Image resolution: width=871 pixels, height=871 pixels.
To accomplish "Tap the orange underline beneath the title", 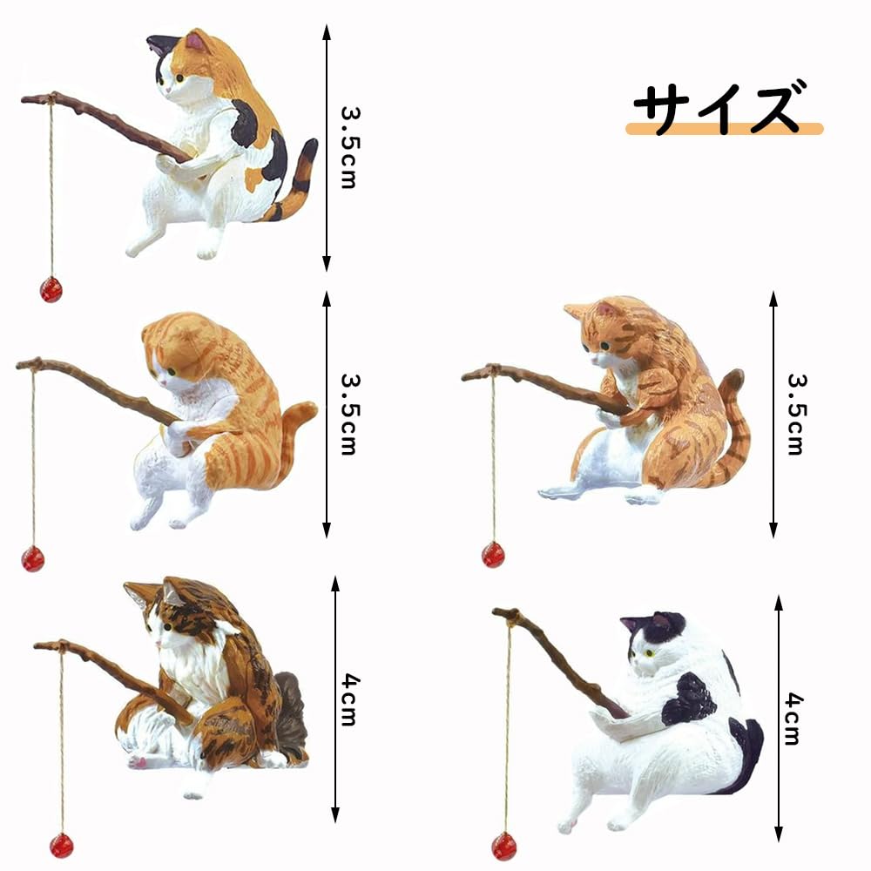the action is [725, 129].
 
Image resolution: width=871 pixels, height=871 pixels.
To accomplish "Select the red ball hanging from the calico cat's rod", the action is [51, 289].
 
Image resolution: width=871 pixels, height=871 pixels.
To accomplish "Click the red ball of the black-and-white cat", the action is [503, 846].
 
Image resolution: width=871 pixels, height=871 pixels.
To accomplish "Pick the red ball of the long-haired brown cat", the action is [62, 845].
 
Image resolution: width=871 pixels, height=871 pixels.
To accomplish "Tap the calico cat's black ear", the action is [162, 44].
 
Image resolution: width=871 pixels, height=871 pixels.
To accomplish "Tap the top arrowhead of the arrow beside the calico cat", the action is [327, 32].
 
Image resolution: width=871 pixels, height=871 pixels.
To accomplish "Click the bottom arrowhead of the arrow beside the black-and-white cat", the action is [778, 834].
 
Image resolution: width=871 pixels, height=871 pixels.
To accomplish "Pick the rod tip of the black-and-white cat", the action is [512, 616].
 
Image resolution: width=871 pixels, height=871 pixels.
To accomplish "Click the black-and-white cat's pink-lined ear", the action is [660, 620].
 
